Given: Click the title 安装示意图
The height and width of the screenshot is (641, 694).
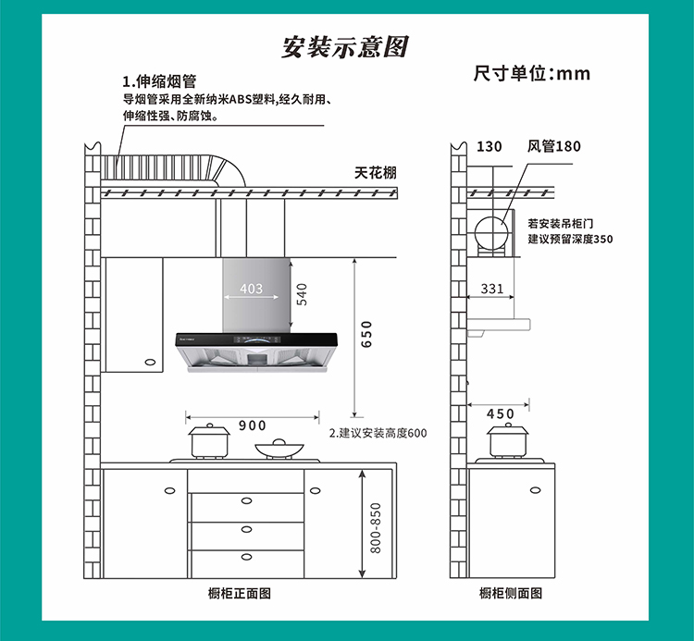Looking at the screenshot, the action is [345, 47].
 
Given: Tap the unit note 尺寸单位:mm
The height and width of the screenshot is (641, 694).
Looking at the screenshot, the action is [532, 73].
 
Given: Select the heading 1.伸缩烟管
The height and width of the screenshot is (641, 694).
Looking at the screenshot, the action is [159, 81].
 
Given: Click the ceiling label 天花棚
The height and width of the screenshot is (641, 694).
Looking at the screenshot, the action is [376, 173].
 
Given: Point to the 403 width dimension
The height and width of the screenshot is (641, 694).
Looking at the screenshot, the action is [252, 289].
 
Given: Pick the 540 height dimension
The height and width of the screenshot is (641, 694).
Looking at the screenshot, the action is [302, 295].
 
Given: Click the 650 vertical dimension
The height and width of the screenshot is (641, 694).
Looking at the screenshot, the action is [366, 335].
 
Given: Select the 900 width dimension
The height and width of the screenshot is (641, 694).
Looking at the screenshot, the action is [253, 425].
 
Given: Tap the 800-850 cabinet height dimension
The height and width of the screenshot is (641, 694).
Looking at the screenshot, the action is [376, 528].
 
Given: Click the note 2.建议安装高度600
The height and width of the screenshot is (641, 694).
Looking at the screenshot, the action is [378, 433].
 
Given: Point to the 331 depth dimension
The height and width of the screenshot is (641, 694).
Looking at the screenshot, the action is [492, 289].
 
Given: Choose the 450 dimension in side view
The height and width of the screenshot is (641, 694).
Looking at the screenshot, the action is [500, 414].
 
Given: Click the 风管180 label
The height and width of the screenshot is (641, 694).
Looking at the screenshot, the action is [553, 146].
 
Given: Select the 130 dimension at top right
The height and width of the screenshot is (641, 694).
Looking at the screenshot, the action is [490, 146].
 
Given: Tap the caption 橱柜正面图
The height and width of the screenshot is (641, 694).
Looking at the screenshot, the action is [240, 593].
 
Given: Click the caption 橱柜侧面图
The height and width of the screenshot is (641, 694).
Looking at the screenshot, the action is [511, 593].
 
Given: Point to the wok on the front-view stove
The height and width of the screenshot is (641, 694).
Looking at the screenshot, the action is [279, 449].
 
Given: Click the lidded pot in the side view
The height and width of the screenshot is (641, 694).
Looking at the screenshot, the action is [508, 440].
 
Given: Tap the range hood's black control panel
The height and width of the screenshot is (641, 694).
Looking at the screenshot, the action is [256, 339].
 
